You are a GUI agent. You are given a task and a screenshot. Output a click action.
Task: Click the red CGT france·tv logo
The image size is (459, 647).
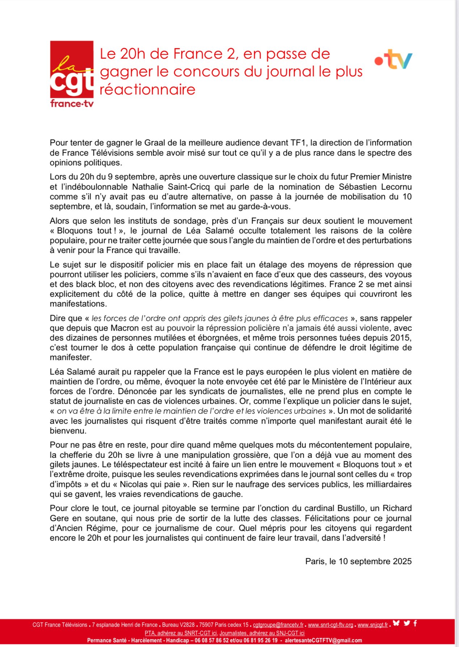point(72,74)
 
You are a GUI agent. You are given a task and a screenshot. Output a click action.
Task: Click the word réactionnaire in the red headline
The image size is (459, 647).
point(147,89)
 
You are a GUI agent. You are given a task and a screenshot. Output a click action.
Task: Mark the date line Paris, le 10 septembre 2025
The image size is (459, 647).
point(358,561)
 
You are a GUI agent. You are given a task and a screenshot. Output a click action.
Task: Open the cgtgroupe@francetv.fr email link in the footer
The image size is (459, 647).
point(278,625)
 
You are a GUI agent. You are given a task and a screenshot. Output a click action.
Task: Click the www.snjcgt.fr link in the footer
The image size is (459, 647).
point(372,625)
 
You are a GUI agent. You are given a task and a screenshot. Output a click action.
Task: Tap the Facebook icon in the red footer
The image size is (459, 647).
point(415,623)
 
